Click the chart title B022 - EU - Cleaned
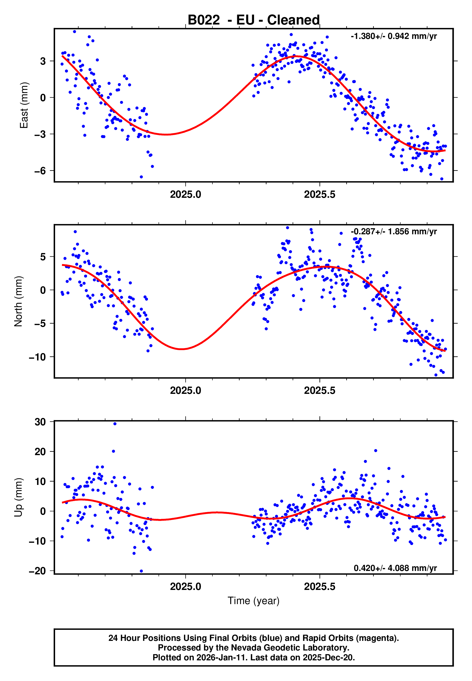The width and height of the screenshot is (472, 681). coord(254,20)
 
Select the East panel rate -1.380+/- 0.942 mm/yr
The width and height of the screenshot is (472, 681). coord(394,36)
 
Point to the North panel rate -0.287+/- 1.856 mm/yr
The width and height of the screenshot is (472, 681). coord(394,232)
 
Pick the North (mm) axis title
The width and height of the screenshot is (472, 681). coord(18,301)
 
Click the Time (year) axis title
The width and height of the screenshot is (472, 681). coord(254,601)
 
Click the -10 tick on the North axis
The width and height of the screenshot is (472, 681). coord(37,357)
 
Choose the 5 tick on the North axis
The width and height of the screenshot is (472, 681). coord(43,257)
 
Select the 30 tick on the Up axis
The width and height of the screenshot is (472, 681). coord(40,422)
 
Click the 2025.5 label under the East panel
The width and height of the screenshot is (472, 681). coord(320,195)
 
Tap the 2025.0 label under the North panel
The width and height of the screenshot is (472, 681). coord(185,390)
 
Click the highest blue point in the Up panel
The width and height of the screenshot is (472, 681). coord(115,424)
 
